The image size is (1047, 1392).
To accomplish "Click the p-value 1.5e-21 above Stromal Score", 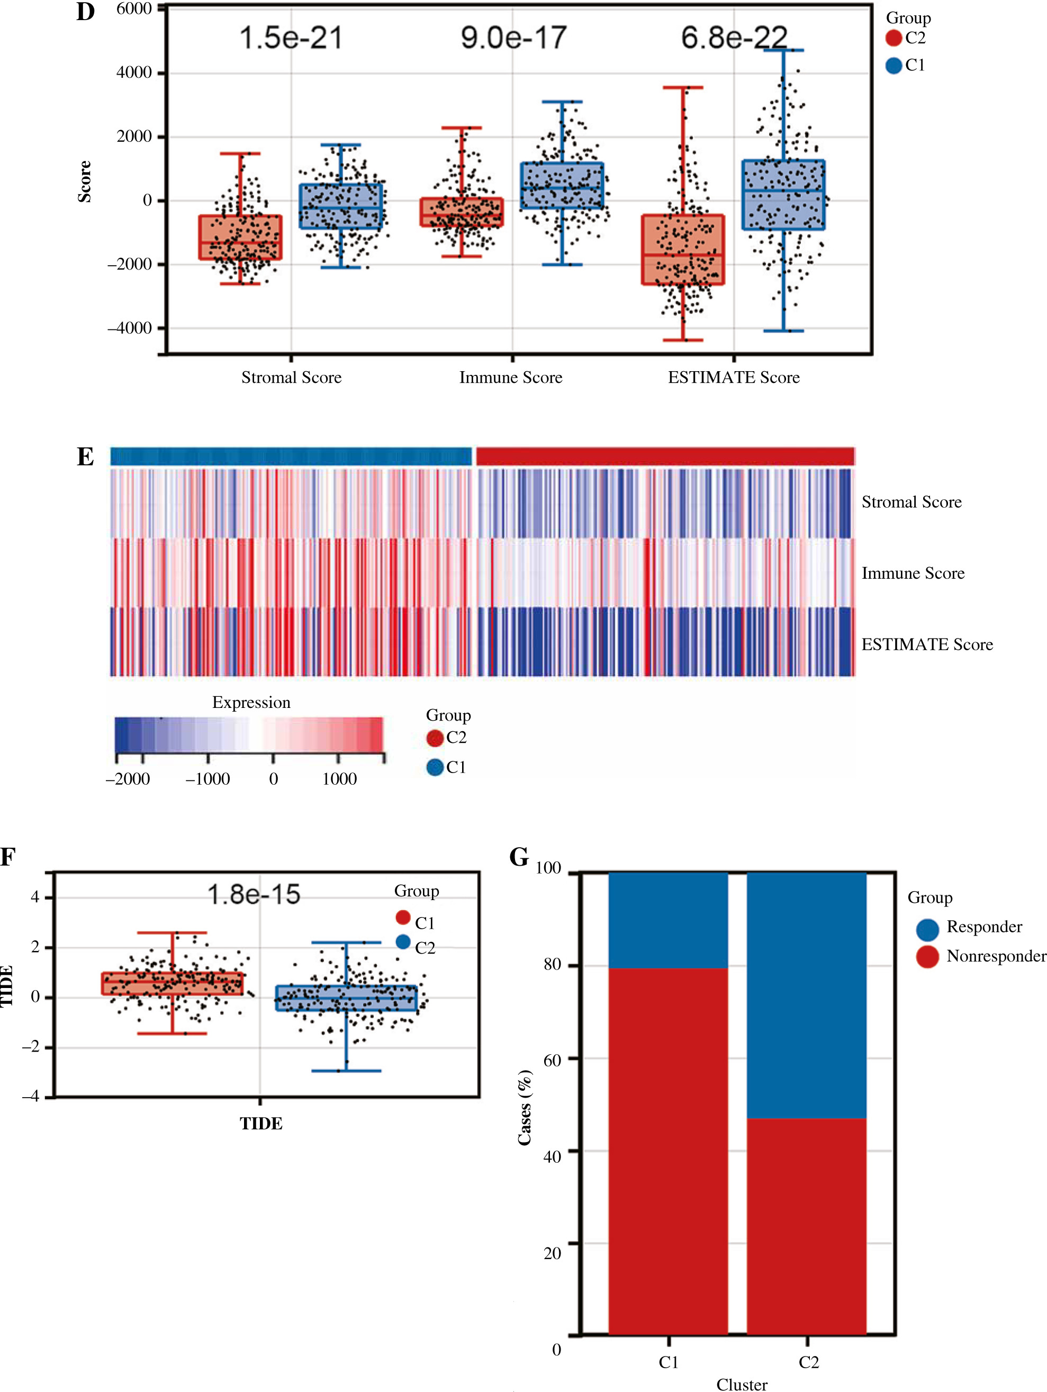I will click(291, 38).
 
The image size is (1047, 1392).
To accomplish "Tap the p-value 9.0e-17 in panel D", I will click(513, 38).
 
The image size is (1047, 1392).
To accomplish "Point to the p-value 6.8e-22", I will click(734, 38).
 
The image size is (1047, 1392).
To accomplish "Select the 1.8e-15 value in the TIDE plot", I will click(254, 895).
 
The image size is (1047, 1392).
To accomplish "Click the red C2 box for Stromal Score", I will click(240, 237).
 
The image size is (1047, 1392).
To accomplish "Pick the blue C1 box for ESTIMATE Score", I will click(783, 195).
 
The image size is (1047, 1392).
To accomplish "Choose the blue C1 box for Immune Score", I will click(562, 186).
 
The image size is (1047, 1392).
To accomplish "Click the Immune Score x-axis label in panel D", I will click(510, 378).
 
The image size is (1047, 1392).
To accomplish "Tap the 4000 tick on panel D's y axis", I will click(133, 73).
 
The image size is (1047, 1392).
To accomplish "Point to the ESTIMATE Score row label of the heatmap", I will click(927, 644).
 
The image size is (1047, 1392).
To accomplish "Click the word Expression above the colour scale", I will click(251, 702).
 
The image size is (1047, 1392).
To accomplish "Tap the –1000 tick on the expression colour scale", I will click(207, 779).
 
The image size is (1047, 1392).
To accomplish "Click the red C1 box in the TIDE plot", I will click(173, 984).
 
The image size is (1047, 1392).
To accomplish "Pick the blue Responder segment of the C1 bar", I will click(668, 920).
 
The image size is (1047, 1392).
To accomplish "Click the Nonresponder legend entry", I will click(996, 957).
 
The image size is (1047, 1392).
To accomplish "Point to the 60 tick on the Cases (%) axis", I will click(552, 1061).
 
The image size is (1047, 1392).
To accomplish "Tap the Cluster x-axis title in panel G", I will click(742, 1385).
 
